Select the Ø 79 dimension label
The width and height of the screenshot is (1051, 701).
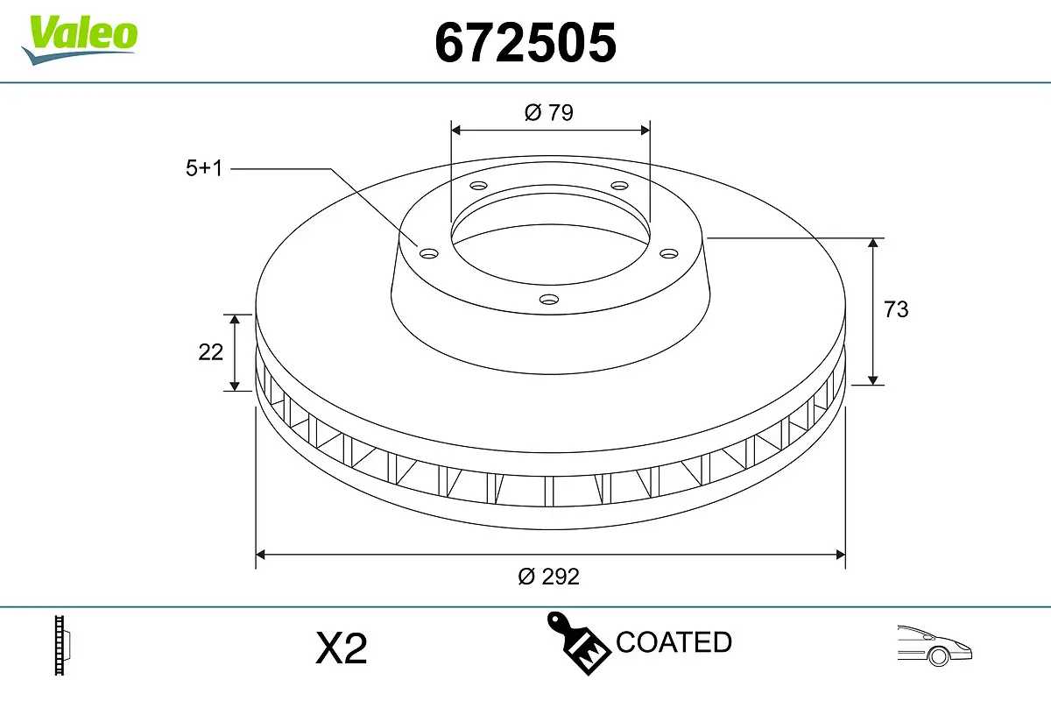pos(549,112)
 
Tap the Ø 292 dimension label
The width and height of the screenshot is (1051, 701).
pos(549,577)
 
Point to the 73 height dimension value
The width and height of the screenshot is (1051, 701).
pos(896,309)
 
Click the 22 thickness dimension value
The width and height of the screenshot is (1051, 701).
pos(211,351)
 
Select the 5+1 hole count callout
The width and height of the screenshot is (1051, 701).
pos(204,168)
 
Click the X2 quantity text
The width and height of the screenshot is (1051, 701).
pos(341,649)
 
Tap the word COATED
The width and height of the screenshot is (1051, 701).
pos(674,642)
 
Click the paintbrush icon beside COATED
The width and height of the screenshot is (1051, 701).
pos(578,641)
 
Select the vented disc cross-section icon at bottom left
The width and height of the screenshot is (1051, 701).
pos(61,646)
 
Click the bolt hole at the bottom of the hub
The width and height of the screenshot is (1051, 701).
pos(549,300)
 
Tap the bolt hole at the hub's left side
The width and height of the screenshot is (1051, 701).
pos(428,254)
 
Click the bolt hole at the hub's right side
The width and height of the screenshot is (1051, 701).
pos(669,253)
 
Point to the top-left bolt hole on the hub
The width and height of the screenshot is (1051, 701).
pos(477,186)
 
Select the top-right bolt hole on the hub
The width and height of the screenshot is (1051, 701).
pos(620,186)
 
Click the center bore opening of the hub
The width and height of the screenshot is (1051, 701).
pos(550,232)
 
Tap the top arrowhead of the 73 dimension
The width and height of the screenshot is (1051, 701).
pos(873,244)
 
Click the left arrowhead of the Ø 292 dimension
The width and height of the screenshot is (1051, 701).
pos(261,554)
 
